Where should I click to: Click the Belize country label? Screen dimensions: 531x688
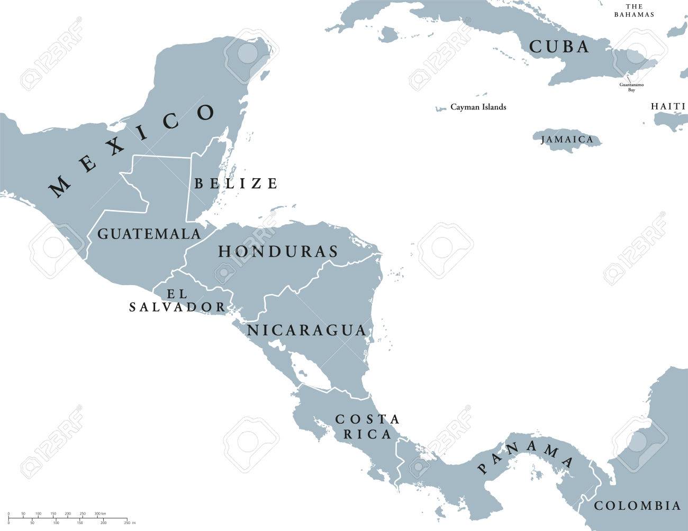(x=236, y=184)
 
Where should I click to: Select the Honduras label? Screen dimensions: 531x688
(x=278, y=251)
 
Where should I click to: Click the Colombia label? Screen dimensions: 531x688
(x=637, y=506)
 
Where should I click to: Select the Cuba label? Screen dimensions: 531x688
(x=559, y=47)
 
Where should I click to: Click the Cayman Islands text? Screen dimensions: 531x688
(x=478, y=107)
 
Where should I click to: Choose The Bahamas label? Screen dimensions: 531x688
(x=633, y=10)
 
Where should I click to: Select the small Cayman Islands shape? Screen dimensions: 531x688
(x=439, y=109)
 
